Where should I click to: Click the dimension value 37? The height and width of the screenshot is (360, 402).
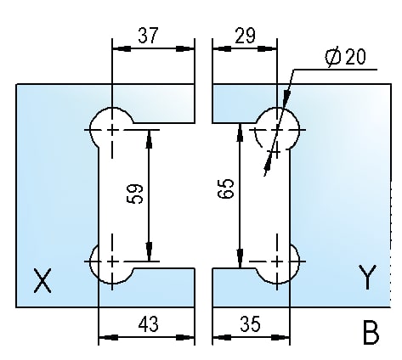coord(148,35)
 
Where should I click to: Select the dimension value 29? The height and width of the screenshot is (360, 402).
coord(246,36)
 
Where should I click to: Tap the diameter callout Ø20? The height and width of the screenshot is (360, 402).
coord(345,58)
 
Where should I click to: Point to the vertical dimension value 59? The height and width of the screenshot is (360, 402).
coord(135,194)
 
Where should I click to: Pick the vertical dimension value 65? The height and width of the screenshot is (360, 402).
coord(226,188)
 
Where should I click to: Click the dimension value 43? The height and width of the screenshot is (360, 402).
coord(148,323)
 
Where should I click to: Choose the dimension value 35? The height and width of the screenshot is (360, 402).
coord(250,323)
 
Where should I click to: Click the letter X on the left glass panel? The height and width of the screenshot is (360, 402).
coord(42,281)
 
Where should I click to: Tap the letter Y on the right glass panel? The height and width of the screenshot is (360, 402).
coord(367,277)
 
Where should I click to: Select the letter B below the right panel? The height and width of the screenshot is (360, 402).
coord(371,333)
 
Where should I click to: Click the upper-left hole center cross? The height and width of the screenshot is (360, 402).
coord(112,130)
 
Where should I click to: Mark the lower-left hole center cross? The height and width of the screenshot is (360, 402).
coord(112,261)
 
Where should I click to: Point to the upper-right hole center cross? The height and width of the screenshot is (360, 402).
coord(277,130)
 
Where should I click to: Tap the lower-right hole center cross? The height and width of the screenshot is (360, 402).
coord(277,261)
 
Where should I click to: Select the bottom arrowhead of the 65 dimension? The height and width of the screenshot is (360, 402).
coord(241,258)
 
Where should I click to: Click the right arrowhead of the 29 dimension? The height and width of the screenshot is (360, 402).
coord(268,48)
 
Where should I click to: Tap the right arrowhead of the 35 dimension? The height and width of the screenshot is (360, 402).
coord(280,337)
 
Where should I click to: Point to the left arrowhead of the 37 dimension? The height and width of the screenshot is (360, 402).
coord(122,48)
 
